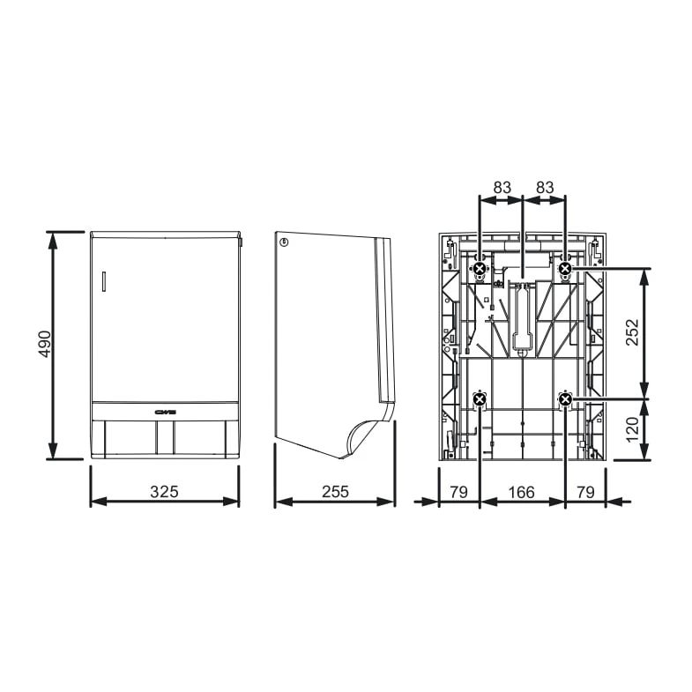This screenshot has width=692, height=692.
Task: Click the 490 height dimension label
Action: tap(44, 344)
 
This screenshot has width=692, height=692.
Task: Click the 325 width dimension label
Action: tap(164, 492)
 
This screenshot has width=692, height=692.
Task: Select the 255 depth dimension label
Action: tap(335, 492)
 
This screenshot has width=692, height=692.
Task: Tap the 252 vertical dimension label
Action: tap(632, 331)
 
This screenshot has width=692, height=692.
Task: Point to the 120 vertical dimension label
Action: tap(632, 429)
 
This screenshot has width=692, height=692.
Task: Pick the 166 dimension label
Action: tap(521, 492)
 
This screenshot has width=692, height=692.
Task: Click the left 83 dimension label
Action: tap(502, 188)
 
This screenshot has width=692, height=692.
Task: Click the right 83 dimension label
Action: tap(545, 188)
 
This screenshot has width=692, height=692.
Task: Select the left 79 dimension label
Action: tap(458, 492)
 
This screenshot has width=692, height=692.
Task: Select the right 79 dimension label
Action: tap(585, 492)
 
